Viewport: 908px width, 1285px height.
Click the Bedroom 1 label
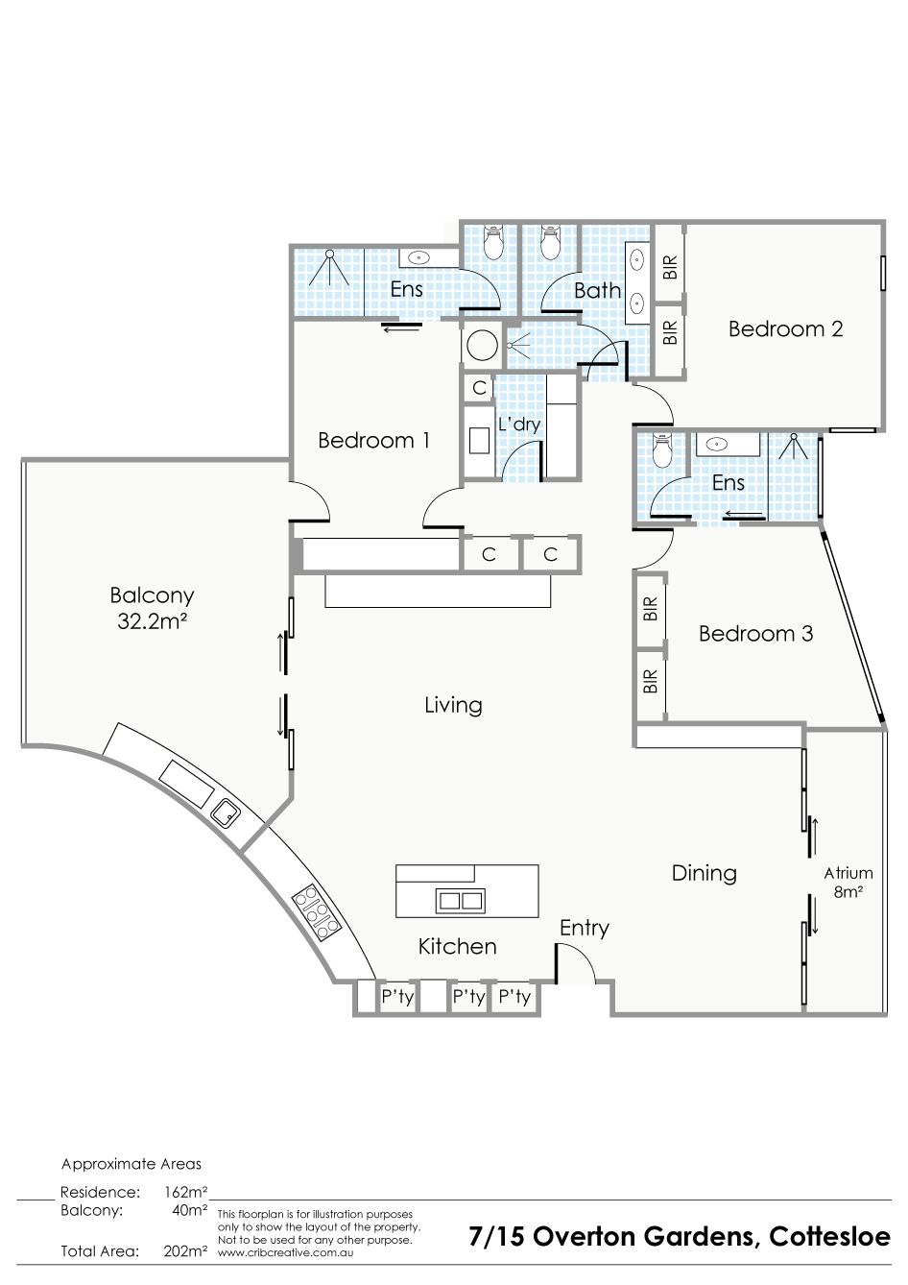click(373, 440)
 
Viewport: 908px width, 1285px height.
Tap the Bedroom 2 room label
click(785, 328)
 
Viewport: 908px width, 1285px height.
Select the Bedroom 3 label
click(755, 633)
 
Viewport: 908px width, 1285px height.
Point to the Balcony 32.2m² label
click(152, 608)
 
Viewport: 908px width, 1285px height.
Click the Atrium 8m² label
click(848, 883)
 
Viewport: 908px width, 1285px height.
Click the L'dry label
click(519, 424)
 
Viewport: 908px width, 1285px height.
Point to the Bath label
click(597, 290)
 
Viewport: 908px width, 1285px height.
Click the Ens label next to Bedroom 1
click(406, 289)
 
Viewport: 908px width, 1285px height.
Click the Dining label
click(704, 873)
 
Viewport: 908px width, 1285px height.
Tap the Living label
click(453, 705)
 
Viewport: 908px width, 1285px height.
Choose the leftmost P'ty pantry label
click(397, 997)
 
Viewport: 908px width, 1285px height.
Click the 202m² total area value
click(185, 1251)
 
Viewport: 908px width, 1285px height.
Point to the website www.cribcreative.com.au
click(285, 1253)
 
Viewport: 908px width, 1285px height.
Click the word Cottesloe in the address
click(830, 1236)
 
